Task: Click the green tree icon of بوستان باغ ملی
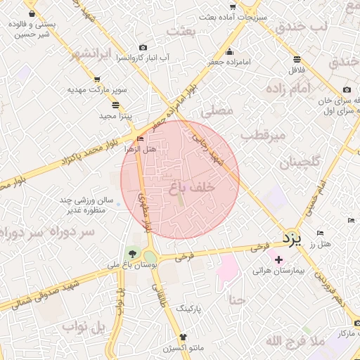pyautogui.click(x=131, y=253)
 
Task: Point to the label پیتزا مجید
pyautogui.click(x=111, y=115)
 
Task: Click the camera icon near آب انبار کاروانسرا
pyautogui.click(x=143, y=47)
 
